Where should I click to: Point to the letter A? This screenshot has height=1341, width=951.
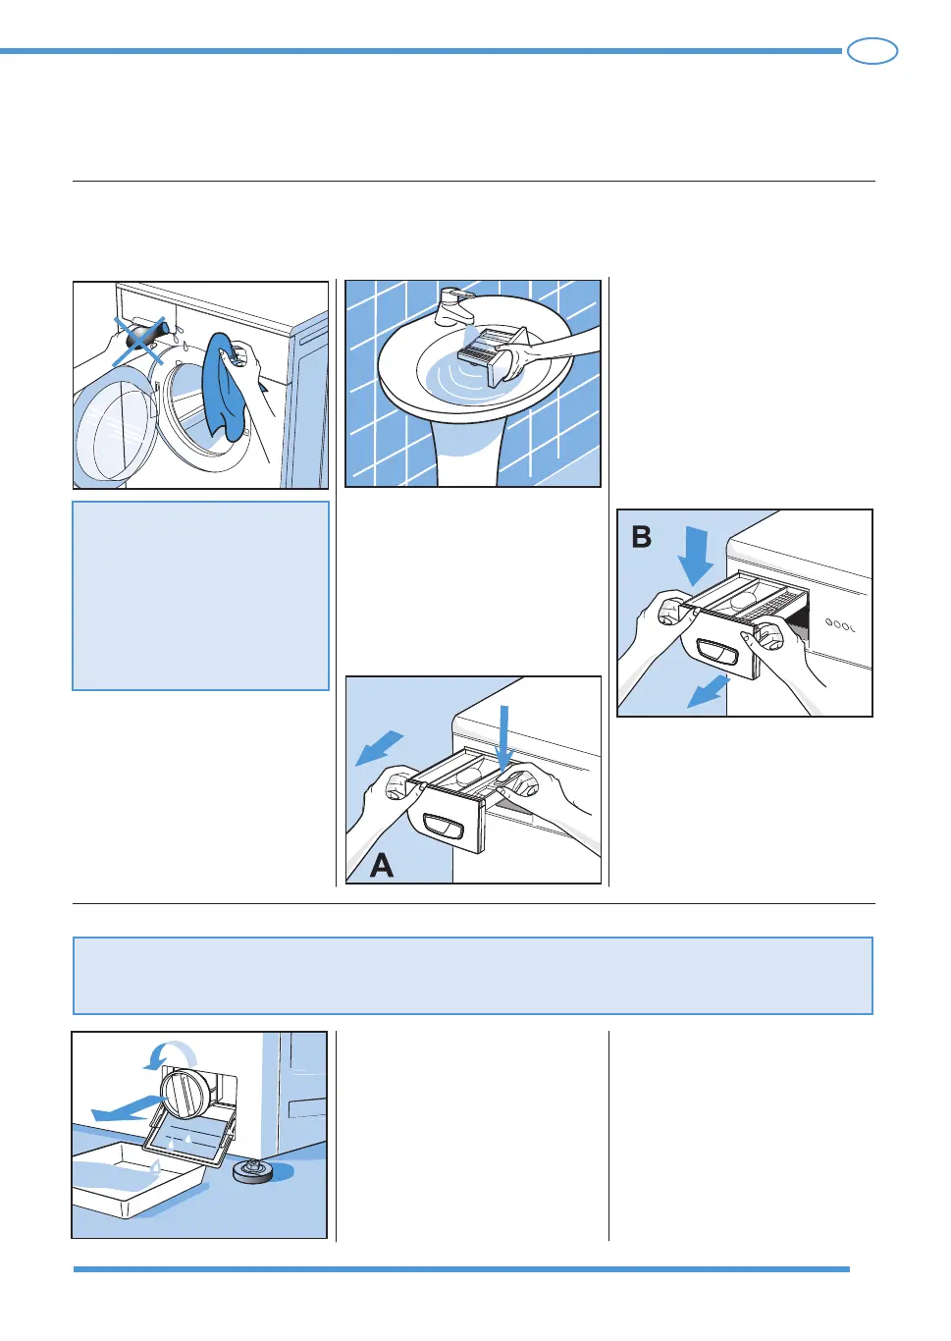click(x=382, y=865)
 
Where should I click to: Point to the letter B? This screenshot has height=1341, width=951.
click(x=642, y=537)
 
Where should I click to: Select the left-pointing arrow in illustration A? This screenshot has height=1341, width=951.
click(x=379, y=747)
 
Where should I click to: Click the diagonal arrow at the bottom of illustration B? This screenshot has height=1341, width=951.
click(x=707, y=691)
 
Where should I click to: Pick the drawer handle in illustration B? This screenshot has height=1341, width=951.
click(x=716, y=652)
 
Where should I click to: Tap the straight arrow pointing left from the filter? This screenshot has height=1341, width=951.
click(x=126, y=1109)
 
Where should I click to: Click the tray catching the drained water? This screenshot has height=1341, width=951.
click(x=137, y=1178)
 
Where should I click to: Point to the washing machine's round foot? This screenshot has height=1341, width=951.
click(x=254, y=1170)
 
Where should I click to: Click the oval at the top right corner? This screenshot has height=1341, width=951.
click(x=872, y=51)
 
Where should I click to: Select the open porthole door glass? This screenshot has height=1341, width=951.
click(x=116, y=433)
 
